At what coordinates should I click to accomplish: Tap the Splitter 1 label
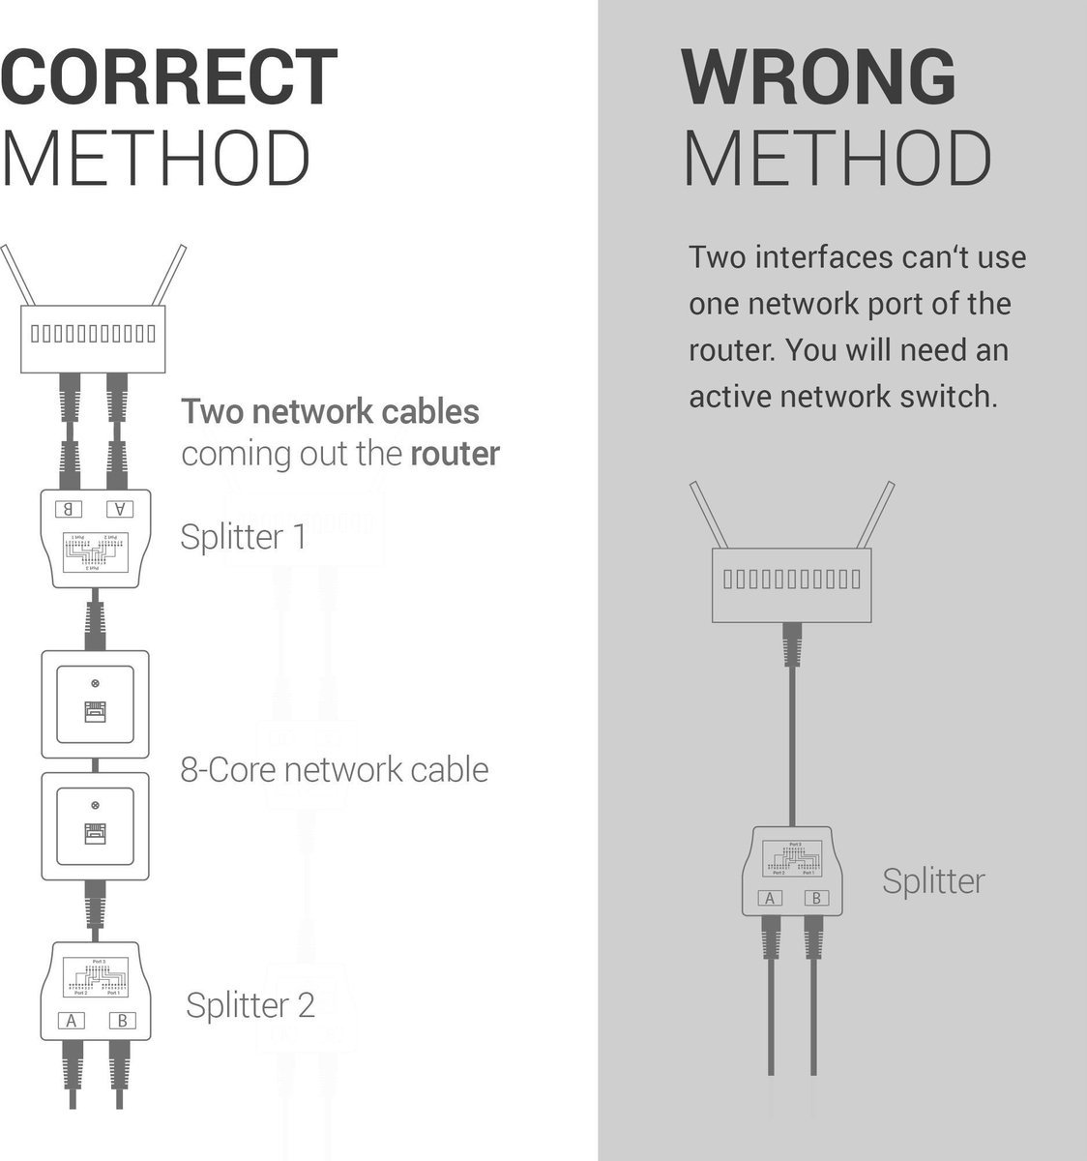point(243,536)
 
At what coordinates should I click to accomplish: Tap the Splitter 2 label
point(250,1005)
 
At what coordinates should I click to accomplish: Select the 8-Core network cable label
point(334,770)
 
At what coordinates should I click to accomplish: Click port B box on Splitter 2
point(121,1020)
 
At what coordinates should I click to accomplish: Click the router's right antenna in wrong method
point(877,515)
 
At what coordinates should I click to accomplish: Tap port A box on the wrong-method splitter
point(771,898)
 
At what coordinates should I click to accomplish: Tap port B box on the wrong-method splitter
point(816,898)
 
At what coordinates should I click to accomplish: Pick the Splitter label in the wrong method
point(932,881)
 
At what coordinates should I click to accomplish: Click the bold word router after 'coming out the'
point(455,454)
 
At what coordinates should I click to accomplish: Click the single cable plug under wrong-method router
point(793,645)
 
